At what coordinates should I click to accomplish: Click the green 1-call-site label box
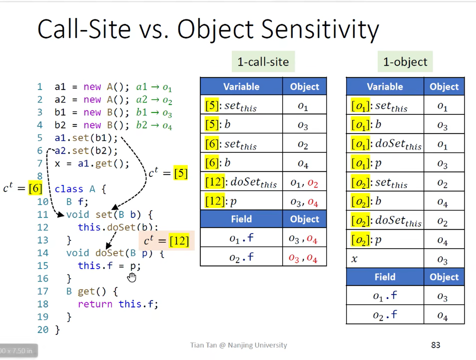tap(263, 62)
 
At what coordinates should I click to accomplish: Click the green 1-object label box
tap(405, 62)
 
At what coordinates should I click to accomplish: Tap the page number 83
tap(435, 345)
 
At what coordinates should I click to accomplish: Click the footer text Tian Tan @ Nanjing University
tap(238, 345)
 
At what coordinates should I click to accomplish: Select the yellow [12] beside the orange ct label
tap(179, 241)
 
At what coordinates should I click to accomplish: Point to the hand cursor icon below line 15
tap(132, 277)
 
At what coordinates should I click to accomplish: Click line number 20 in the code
tap(43, 330)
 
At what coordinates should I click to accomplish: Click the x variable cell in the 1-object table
tap(385, 258)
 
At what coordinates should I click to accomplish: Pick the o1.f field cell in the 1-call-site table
tap(241, 238)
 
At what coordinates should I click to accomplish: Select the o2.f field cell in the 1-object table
tap(385, 315)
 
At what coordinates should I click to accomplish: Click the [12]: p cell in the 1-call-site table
tap(241, 201)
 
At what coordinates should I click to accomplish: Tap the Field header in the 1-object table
tap(385, 277)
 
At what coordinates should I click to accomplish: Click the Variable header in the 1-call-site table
tap(241, 87)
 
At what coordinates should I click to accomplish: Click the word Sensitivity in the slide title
tap(320, 29)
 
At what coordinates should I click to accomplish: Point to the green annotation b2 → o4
tap(154, 125)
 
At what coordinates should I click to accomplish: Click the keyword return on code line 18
tap(95, 304)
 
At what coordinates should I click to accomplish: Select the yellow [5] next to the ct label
tap(181, 173)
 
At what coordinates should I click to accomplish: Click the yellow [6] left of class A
tap(35, 189)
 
